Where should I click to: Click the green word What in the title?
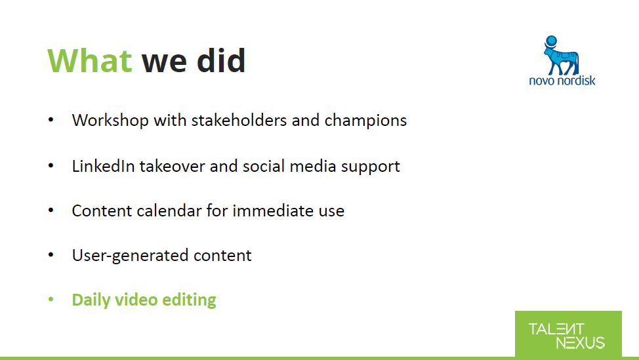[90, 61]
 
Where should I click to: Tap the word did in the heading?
[221, 60]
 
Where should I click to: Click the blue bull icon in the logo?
[561, 55]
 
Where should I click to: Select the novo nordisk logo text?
[562, 81]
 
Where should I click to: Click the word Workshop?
[110, 121]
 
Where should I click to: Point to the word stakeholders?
[239, 120]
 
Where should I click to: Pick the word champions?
[365, 121]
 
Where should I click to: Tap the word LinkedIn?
[103, 166]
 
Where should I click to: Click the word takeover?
[172, 166]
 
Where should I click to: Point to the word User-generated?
[130, 256]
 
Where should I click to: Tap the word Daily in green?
[91, 300]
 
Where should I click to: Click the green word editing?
[189, 300]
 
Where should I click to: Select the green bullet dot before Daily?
[51, 300]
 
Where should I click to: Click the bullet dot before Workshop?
[51, 120]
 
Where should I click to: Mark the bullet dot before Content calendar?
[51, 210]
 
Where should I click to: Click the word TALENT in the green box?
[556, 329]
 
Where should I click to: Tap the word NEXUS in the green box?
[581, 343]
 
